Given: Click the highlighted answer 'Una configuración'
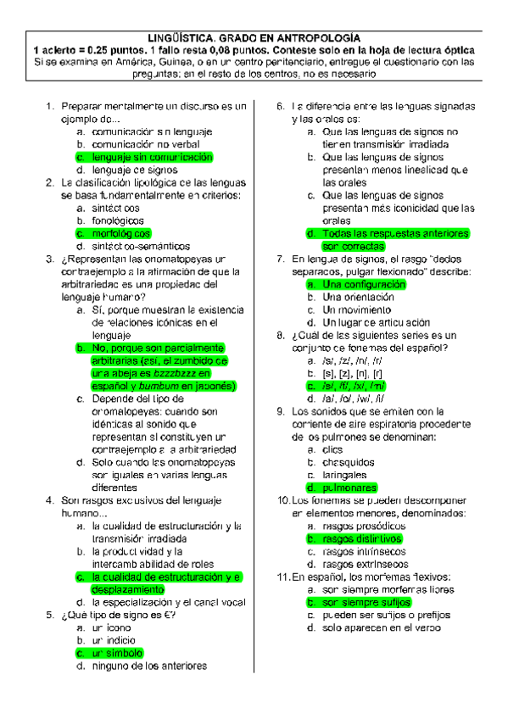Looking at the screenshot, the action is click(x=364, y=285).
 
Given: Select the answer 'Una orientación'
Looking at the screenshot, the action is click(x=358, y=298).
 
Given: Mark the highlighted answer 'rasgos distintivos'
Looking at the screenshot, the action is click(x=361, y=538).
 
